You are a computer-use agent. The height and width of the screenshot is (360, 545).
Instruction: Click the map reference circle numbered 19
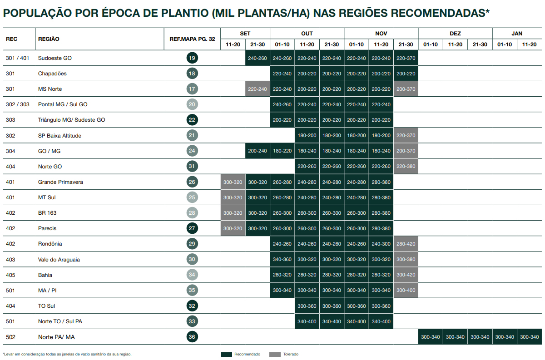tap(192, 58)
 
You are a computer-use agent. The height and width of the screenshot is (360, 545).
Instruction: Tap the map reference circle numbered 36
tap(192, 337)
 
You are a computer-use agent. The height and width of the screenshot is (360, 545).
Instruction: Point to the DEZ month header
tap(455, 34)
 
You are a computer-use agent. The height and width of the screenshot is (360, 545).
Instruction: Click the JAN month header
tap(517, 34)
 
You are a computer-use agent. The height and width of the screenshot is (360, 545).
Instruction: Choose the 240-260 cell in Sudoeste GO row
tap(258, 58)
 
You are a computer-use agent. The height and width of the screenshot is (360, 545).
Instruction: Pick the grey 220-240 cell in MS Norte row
tap(258, 89)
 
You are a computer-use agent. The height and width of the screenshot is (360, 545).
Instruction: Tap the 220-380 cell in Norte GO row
tap(406, 167)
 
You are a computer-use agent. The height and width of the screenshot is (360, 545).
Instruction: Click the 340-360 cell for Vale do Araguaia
tap(282, 260)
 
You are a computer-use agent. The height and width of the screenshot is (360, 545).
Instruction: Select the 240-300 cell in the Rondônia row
tap(381, 244)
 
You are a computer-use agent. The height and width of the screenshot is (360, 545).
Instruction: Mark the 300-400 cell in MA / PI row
tap(406, 291)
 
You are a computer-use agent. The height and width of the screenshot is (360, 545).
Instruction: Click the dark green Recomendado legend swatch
tap(227, 354)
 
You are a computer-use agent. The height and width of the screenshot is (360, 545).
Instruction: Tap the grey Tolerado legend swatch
tap(275, 354)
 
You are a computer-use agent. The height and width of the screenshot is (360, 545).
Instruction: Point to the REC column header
tap(11, 39)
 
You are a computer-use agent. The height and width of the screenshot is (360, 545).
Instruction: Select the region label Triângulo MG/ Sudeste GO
tap(71, 120)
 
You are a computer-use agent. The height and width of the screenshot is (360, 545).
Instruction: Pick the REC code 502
tap(11, 337)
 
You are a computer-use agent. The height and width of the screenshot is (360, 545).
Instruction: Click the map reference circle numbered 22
tap(192, 120)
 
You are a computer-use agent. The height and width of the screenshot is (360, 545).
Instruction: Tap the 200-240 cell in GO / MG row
tap(258, 151)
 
